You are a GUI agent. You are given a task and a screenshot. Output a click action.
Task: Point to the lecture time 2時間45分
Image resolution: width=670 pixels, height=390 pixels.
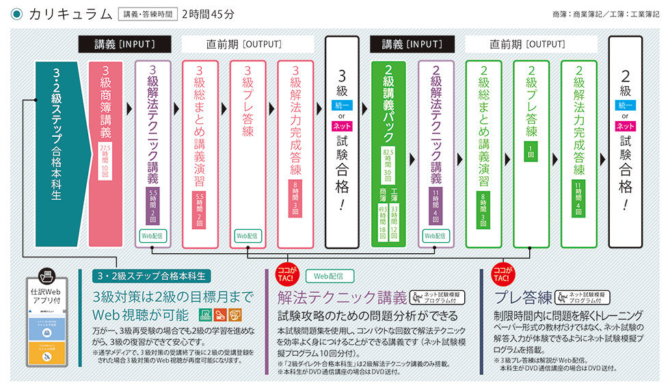tap(208, 13)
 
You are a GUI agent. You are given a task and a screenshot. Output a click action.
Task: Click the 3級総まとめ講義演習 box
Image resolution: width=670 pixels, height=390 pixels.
tap(200, 154)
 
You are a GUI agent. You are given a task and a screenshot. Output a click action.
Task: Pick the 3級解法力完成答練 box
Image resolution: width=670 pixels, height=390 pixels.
tap(295, 154)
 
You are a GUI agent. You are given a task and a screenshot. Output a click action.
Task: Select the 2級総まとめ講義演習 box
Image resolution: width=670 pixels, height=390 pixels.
tap(483, 154)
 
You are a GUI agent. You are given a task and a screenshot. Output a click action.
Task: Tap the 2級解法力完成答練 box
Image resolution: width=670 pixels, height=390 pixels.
tap(578, 154)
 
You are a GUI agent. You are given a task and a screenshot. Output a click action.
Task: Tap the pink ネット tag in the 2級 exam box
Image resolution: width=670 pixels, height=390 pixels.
tap(625, 126)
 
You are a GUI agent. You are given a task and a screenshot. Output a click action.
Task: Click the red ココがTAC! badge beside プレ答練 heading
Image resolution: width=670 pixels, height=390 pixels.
tap(502, 274)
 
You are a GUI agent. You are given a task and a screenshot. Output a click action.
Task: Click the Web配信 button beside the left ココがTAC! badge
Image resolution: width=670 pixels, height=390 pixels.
tap(329, 276)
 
